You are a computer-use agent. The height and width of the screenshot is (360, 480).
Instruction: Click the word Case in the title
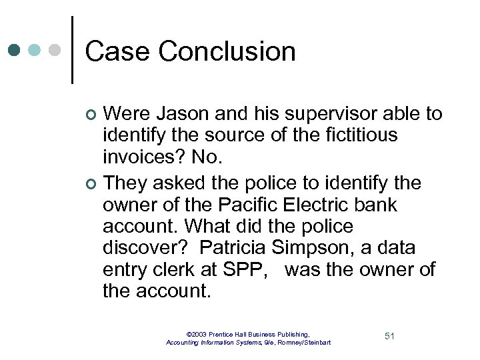117,51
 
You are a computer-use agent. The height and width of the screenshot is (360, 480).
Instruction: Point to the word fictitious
360,136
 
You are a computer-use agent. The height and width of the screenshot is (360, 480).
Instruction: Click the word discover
142,247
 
